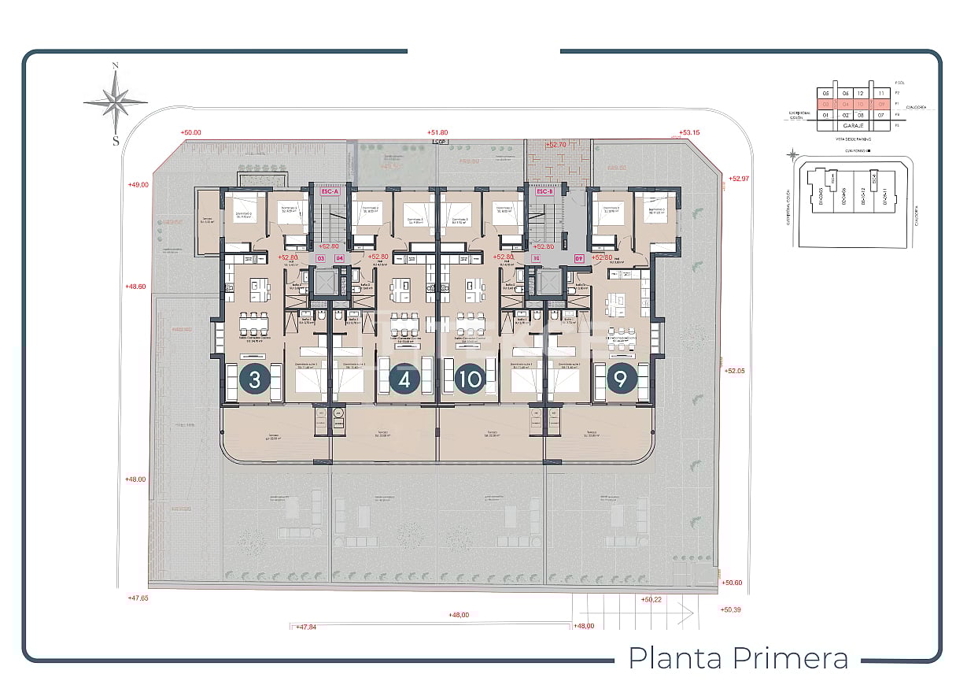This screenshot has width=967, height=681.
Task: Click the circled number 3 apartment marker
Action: [x=254, y=380]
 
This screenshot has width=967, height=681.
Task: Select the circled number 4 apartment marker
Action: [x=404, y=380]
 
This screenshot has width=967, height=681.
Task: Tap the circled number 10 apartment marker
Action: [x=471, y=380]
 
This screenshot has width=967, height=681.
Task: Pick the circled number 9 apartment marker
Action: [x=621, y=380]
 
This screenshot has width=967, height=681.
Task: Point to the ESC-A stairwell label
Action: [x=328, y=191]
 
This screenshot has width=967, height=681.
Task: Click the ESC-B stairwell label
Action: [x=544, y=191]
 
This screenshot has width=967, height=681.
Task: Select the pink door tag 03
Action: [x=321, y=257]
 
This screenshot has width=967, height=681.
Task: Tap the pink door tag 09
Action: [x=578, y=257]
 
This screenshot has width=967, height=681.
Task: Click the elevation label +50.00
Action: [x=190, y=133]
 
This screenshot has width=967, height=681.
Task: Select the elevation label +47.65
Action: [x=138, y=598]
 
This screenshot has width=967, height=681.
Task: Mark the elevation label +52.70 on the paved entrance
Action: [x=556, y=145]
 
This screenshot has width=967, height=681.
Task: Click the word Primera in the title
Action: [x=792, y=657]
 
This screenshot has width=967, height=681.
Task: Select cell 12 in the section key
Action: [x=860, y=92]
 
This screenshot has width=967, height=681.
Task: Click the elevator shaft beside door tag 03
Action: [x=323, y=282]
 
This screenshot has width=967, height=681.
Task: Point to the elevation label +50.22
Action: [x=651, y=600]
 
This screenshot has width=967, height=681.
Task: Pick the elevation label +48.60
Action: [x=136, y=287]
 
